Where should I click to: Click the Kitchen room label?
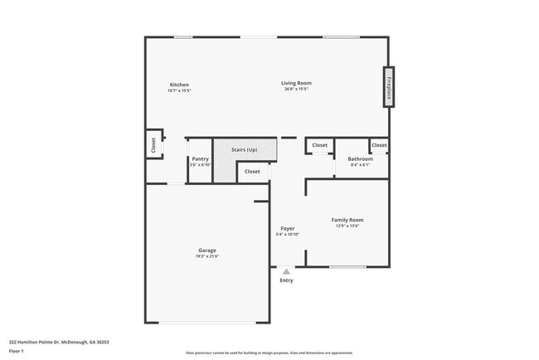coord(179,85)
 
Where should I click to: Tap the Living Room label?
coord(295,84)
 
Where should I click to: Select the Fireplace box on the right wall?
coord(387,86)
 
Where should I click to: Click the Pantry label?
coord(200,158)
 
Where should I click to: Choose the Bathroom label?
coord(360,158)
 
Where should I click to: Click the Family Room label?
coord(347,220)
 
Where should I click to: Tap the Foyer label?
coord(287,228)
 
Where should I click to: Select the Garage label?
coord(207,250)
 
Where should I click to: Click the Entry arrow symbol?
coord(286,271)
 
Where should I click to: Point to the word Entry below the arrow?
coord(286,280)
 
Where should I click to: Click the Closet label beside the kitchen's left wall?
coord(153,145)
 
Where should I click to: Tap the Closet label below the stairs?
coord(252,172)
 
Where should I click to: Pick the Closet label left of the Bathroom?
coord(319,145)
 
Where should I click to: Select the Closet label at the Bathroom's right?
coord(379,145)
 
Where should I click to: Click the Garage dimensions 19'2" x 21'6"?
coord(207,256)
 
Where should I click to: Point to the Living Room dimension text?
coord(295,90)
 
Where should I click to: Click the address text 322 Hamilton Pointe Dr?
coord(59,342)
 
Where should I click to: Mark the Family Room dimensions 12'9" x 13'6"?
coord(347,226)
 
